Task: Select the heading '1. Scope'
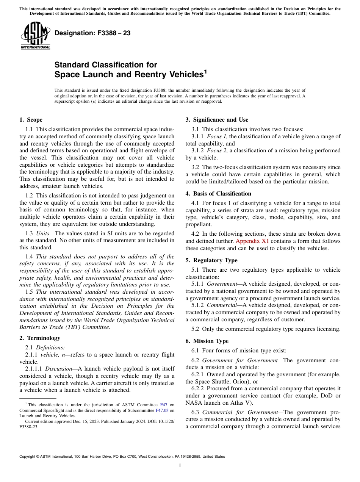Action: pos(31,120)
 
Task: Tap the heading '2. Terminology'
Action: pos(39,338)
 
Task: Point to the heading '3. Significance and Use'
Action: pos(217,120)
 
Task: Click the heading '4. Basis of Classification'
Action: pos(218,194)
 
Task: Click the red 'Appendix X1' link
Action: pos(252,241)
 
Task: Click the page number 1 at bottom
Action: pos(180,466)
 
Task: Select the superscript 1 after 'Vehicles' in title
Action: pos(205,71)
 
